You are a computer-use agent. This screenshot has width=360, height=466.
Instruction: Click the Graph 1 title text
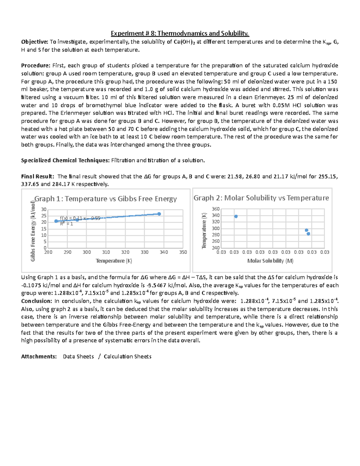coord(106,199)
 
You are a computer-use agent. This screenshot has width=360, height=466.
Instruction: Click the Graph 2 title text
coord(261,198)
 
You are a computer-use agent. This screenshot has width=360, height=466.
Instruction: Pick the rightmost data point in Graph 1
coord(159,214)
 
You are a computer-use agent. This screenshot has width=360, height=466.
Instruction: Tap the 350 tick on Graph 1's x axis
coord(183,252)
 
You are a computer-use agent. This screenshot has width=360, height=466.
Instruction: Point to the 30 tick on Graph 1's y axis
coord(44,209)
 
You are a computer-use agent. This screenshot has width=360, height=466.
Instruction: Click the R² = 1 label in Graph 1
coord(67,224)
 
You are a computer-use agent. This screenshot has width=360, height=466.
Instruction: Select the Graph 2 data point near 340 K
coord(236,216)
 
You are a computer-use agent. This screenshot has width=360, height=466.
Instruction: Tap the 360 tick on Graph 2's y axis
coord(216,209)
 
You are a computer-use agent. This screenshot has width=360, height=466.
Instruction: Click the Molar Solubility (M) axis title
coord(270,261)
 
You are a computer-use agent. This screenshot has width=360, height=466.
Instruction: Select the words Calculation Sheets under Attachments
coord(127,356)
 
